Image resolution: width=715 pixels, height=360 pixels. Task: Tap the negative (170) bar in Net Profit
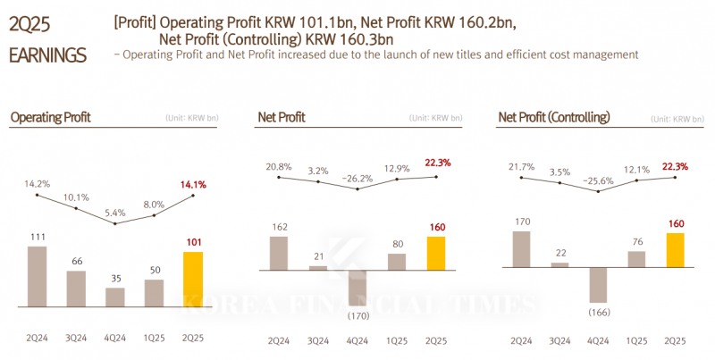click(x=356, y=287)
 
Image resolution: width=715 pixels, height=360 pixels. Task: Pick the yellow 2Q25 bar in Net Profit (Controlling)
click(x=676, y=250)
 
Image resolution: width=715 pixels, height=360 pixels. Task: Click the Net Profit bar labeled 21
click(x=317, y=267)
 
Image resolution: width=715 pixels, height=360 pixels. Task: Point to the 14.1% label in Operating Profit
click(x=194, y=185)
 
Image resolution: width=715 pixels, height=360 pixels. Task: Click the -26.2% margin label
click(x=356, y=179)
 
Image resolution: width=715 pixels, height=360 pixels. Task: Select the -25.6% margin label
click(x=598, y=180)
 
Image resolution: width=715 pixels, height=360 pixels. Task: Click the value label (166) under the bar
click(x=598, y=311)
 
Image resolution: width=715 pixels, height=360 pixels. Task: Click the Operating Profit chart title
click(x=50, y=117)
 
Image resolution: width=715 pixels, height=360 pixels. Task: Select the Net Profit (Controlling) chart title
click(x=553, y=117)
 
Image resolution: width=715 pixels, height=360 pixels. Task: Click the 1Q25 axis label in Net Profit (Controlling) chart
click(x=636, y=341)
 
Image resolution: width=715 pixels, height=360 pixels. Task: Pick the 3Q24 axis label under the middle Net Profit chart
click(x=317, y=341)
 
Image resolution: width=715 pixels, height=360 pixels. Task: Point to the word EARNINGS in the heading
click(x=47, y=55)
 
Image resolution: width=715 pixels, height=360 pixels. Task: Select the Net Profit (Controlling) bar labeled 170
click(x=520, y=249)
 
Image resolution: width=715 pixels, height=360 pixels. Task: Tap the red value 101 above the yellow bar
click(x=193, y=241)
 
